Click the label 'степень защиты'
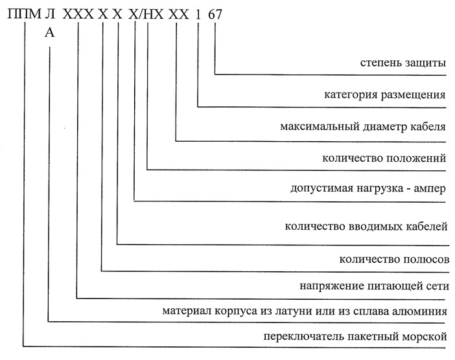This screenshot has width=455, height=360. tap(402, 63)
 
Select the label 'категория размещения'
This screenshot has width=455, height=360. tap(385, 95)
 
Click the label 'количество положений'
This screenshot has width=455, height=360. tap(384, 158)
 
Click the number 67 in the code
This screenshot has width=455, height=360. tap(215, 14)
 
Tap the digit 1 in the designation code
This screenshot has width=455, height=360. tap(198, 14)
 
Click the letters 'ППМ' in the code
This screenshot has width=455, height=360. tap(25, 14)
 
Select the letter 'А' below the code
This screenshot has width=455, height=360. tap(50, 33)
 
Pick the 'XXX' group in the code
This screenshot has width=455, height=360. tap(78, 14)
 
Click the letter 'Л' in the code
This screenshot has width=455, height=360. tap(50, 14)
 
